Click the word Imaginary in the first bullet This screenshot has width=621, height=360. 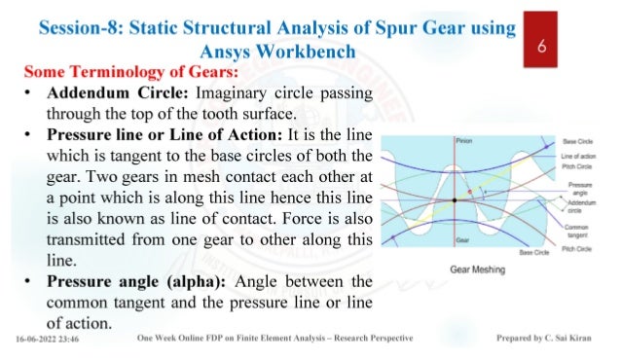point(235,93)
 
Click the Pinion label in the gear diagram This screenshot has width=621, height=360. point(463,142)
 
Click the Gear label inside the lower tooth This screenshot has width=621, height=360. point(461,236)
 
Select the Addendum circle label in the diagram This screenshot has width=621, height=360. point(581,205)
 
